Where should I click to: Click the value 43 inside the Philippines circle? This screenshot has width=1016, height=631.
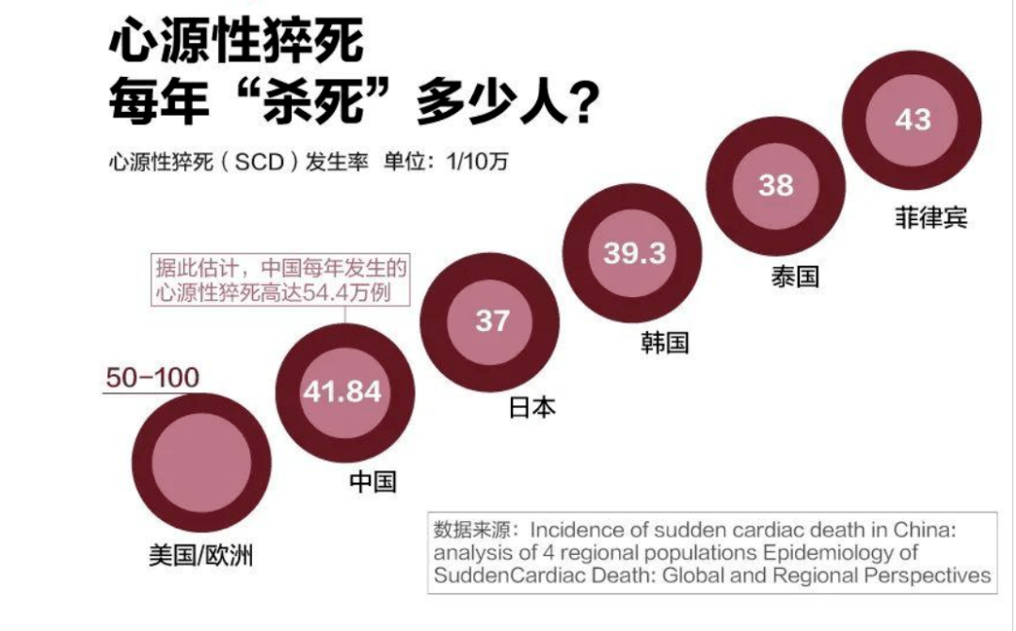pos(913,119)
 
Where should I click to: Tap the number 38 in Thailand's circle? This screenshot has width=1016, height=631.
pos(776,185)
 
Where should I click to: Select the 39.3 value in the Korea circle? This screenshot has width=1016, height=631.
pos(634,253)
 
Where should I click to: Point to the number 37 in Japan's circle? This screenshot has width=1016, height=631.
pos(491,321)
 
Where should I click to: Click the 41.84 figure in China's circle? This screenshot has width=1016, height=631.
pos(342,390)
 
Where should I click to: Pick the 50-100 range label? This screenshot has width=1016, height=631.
pos(152,378)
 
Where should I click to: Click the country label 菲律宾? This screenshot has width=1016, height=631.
pos(930,219)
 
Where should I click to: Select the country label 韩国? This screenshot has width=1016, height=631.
pos(665,342)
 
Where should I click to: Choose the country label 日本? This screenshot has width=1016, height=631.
pos(532,407)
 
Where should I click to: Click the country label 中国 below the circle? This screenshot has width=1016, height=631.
pos(373,481)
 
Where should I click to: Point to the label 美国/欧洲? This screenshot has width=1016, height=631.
pos(200,555)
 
